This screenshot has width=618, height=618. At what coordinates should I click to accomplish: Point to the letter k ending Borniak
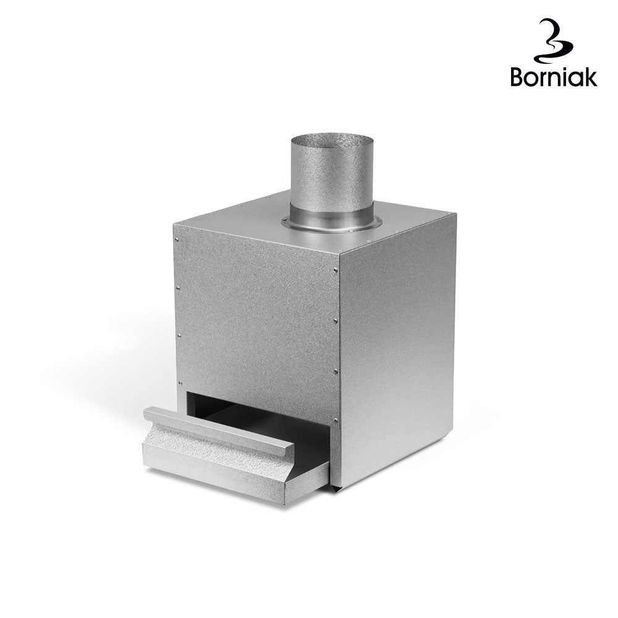pos(590,76)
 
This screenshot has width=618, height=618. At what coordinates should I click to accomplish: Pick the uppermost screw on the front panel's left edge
pos(176,239)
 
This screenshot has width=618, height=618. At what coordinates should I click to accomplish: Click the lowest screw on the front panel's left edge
pos(180,383)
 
